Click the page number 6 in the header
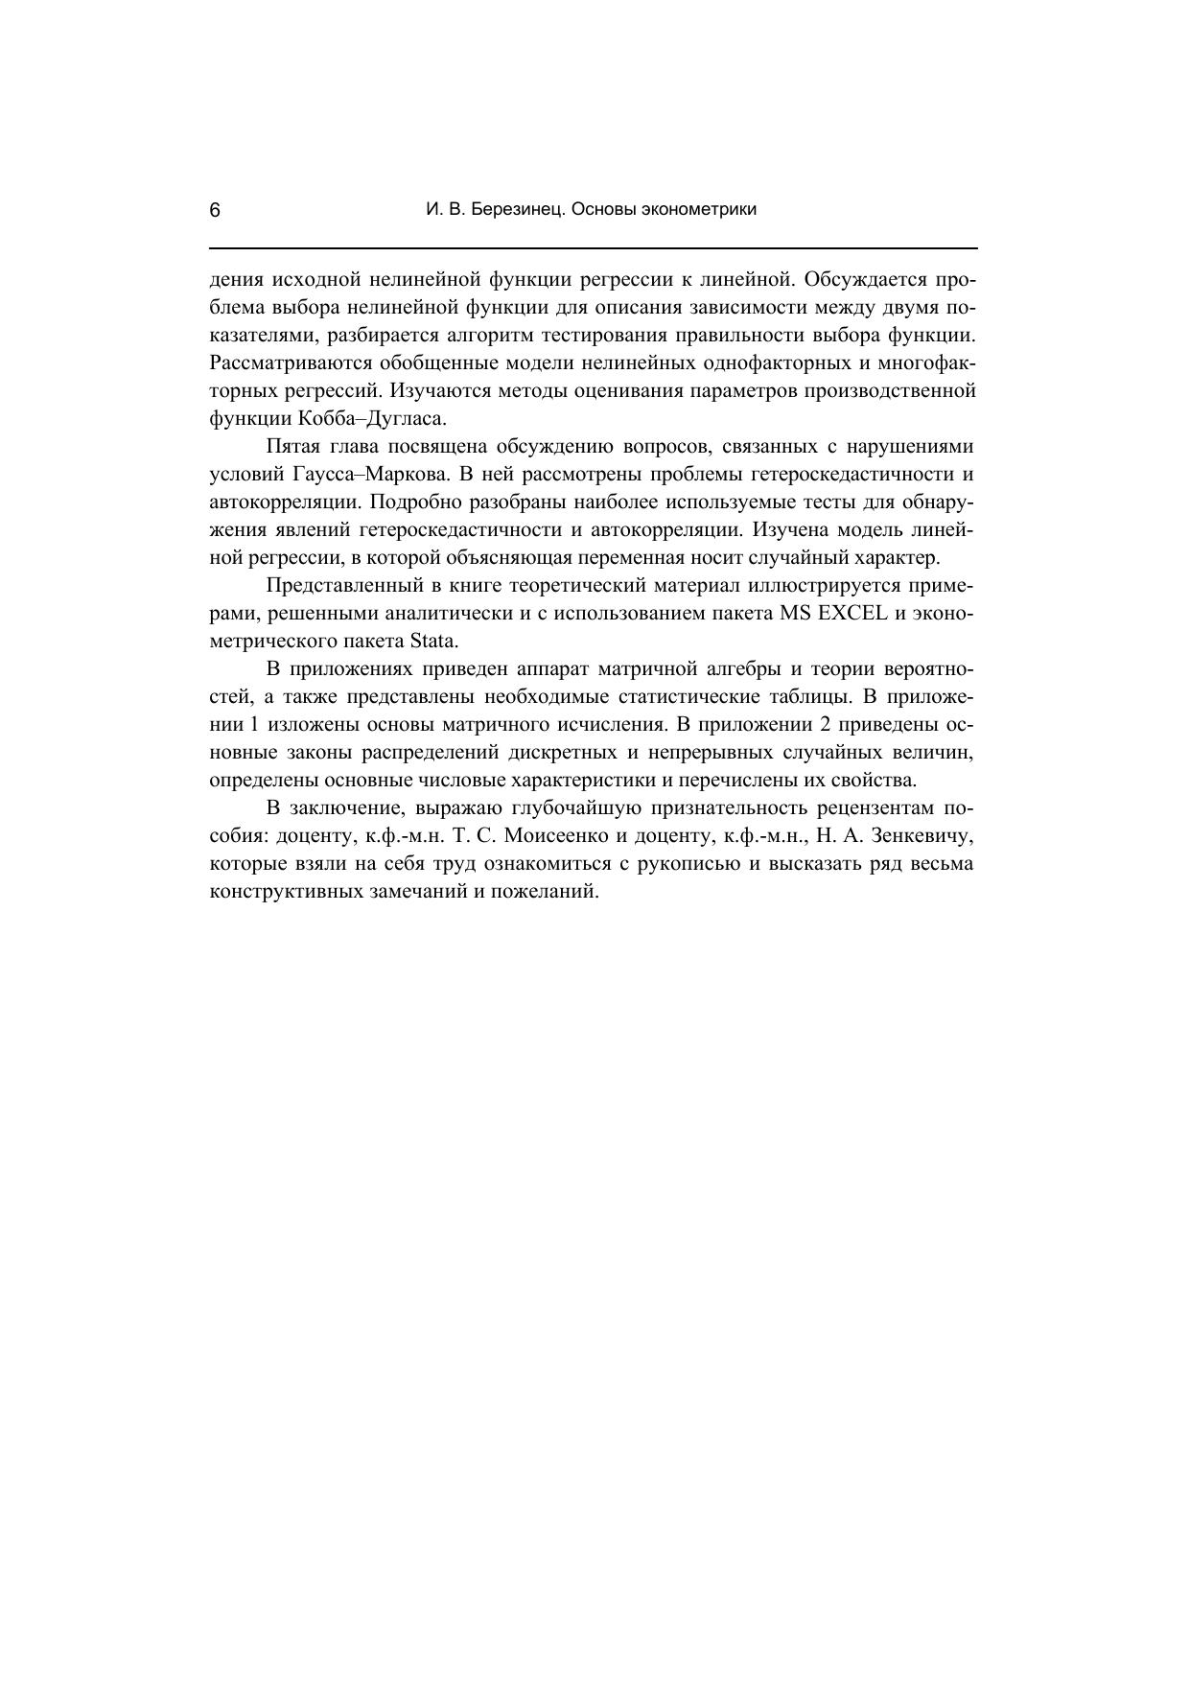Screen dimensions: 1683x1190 click(215, 211)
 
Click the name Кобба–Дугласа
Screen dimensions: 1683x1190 click(372, 419)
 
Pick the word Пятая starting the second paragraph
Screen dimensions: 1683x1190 click(293, 447)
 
